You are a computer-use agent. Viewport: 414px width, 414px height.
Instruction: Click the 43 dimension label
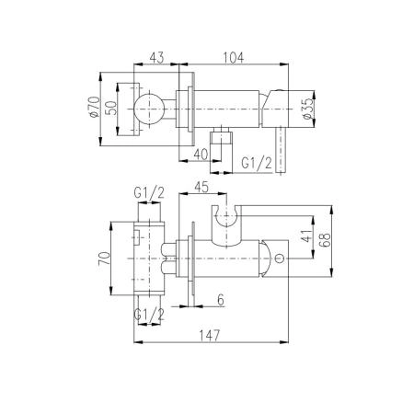156,58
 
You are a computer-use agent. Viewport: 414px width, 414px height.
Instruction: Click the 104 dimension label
234,58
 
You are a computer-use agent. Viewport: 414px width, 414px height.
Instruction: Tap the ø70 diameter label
94,107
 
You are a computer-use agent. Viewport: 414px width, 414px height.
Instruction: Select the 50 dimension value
112,108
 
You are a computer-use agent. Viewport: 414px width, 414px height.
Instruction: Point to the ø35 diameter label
308,109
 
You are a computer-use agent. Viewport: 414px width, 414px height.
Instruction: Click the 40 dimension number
201,155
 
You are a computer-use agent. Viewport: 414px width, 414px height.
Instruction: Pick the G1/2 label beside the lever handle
257,163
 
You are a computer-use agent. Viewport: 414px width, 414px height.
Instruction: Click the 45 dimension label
201,187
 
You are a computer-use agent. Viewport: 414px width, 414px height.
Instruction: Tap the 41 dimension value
307,236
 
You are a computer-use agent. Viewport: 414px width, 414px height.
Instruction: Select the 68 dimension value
325,240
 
